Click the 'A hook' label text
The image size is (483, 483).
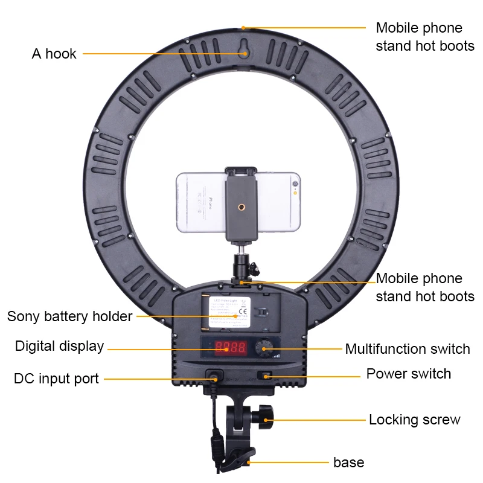tap(54, 54)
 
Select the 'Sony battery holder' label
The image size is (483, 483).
tap(69, 316)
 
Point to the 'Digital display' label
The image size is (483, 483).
tap(59, 347)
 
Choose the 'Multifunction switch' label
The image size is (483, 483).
tap(407, 349)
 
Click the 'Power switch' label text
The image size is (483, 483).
tap(408, 374)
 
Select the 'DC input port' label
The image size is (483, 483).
tap(56, 379)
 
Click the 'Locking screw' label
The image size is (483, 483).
tap(414, 420)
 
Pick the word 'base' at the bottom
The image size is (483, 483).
tap(348, 463)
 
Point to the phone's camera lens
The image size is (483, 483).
tap(295, 183)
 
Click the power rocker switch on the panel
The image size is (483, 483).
tap(264, 376)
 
